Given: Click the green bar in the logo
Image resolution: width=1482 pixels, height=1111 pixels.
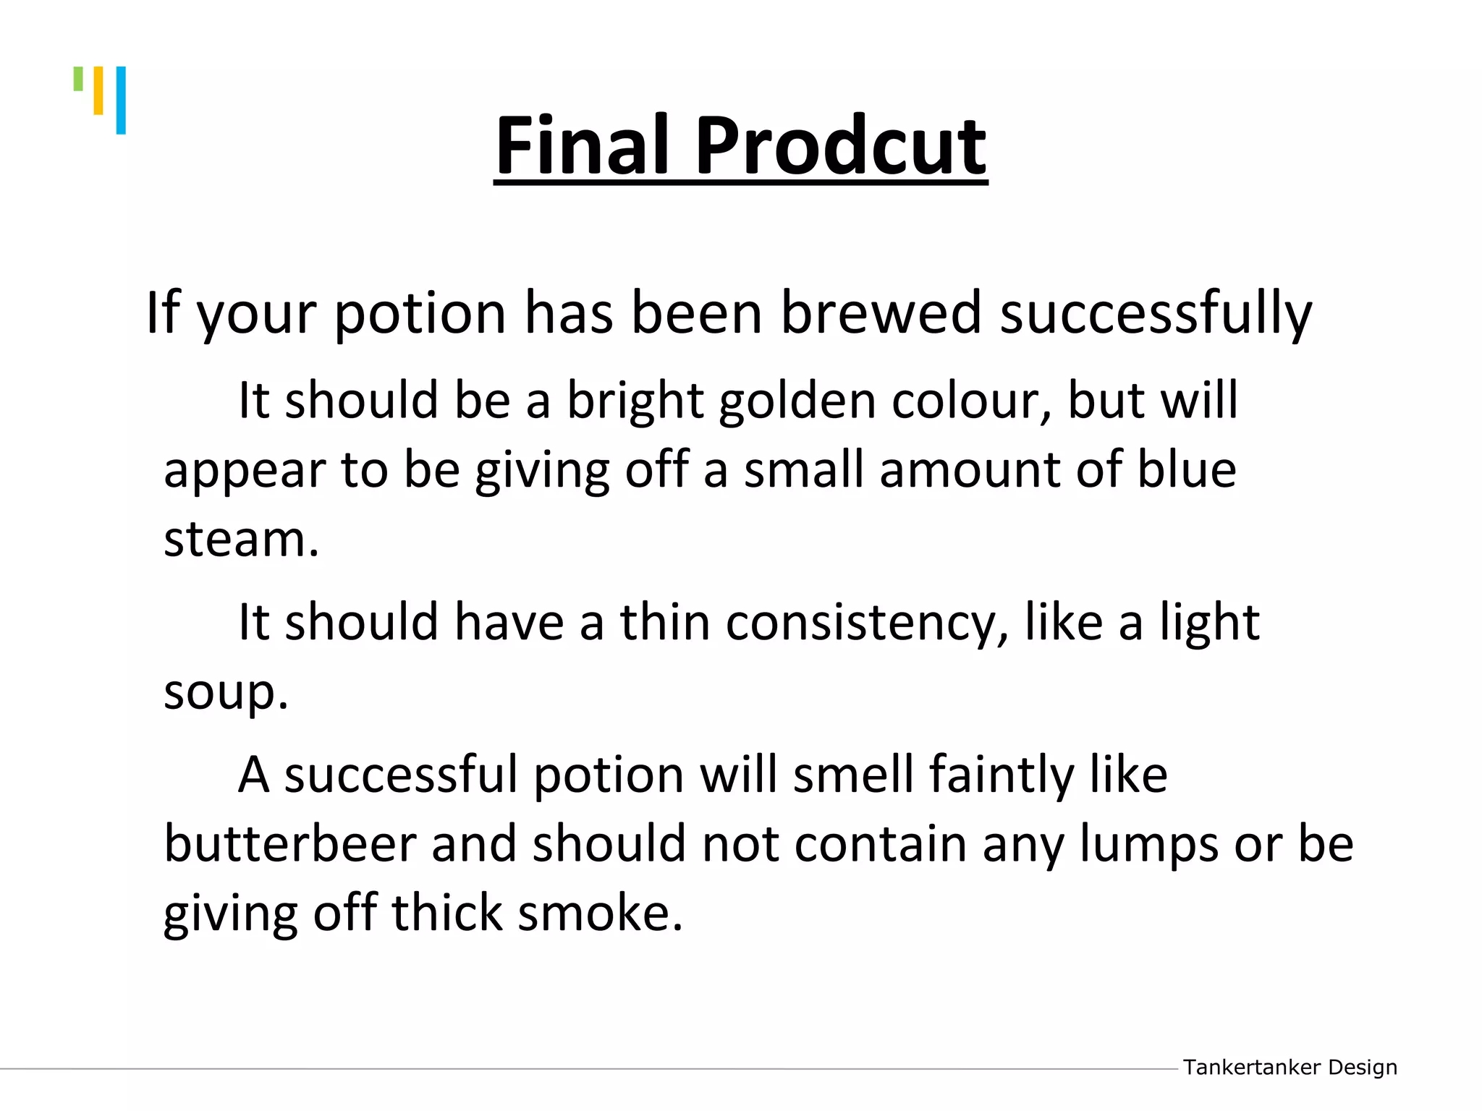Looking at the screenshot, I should point(78,79).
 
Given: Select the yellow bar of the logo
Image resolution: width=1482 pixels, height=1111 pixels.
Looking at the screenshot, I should point(98,90).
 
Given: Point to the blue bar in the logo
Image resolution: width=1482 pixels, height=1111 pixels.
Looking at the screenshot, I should point(121,100).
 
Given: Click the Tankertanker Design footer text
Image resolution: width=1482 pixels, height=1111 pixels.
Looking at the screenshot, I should point(1290,1067).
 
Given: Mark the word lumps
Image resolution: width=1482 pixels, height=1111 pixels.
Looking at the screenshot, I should point(1149,845).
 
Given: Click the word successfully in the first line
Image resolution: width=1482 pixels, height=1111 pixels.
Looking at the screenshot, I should point(1156,313).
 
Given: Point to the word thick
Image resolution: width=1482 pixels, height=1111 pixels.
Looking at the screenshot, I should point(447,913).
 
